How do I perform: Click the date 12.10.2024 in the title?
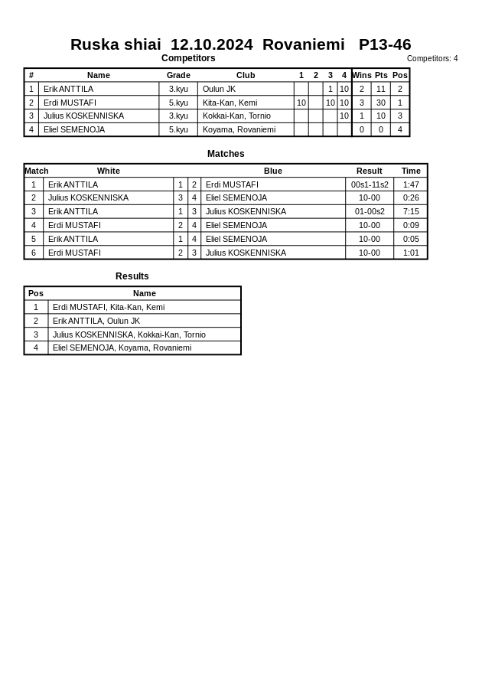pyautogui.click(x=211, y=44)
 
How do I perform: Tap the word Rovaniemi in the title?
pyautogui.click(x=303, y=44)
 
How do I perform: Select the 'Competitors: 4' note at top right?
pyautogui.click(x=432, y=59)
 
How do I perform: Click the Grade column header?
pyautogui.click(x=178, y=75)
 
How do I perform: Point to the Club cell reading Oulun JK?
pyautogui.click(x=219, y=89)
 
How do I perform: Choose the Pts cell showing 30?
pyautogui.click(x=380, y=103)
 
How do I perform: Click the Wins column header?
pyautogui.click(x=362, y=75)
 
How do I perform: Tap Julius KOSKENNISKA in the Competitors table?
pyautogui.click(x=83, y=116)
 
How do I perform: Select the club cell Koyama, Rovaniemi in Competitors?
pyautogui.click(x=239, y=130)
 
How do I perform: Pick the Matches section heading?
pyautogui.click(x=226, y=154)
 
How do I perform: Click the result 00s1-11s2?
pyautogui.click(x=370, y=184)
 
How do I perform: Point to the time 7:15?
pyautogui.click(x=411, y=211)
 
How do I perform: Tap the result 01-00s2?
pyautogui.click(x=370, y=211)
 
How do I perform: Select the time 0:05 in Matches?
pyautogui.click(x=411, y=239)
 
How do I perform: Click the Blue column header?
pyautogui.click(x=273, y=171)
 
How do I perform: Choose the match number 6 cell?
pyautogui.click(x=34, y=253)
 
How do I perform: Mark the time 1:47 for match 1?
pyautogui.click(x=411, y=184)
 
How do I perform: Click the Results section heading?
pyautogui.click(x=132, y=276)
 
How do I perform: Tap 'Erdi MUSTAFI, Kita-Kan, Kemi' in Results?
pyautogui.click(x=109, y=307)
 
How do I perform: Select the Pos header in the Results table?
pyautogui.click(x=36, y=293)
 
